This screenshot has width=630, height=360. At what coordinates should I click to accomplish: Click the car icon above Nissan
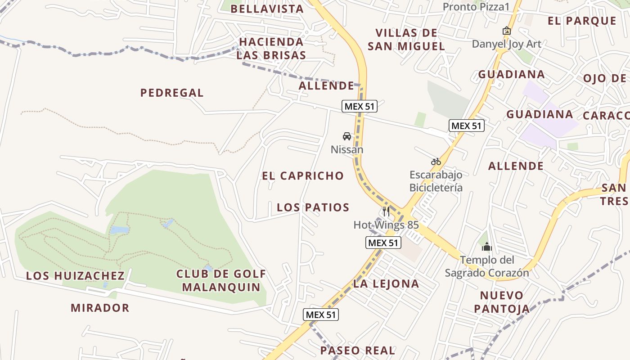click(346, 136)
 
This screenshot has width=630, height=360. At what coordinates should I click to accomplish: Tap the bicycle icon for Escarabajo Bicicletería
click(436, 162)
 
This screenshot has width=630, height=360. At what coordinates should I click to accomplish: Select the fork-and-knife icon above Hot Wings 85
click(386, 211)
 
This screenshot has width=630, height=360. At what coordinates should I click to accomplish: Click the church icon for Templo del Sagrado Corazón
click(486, 247)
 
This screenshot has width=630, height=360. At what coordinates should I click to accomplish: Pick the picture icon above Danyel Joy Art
click(506, 31)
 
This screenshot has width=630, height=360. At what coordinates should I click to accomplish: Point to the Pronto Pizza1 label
click(476, 7)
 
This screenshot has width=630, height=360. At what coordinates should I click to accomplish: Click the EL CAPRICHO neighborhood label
click(303, 175)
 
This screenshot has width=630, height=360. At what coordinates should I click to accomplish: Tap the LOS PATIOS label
click(313, 207)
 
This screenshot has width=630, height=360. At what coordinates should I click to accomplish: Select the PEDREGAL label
click(172, 93)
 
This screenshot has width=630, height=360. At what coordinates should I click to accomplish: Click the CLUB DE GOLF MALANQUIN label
click(221, 280)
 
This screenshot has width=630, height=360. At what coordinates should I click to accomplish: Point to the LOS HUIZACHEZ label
click(75, 276)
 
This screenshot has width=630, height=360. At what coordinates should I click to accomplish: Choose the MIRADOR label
click(100, 308)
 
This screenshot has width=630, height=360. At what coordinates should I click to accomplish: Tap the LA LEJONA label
click(386, 283)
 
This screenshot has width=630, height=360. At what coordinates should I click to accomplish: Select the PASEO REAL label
click(358, 350)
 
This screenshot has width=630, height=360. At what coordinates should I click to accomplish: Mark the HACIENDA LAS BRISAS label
click(271, 49)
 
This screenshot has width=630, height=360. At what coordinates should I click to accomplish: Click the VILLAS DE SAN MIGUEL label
click(406, 39)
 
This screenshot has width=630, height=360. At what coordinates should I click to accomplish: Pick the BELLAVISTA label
click(267, 9)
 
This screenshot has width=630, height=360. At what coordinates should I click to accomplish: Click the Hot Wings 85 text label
click(386, 225)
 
